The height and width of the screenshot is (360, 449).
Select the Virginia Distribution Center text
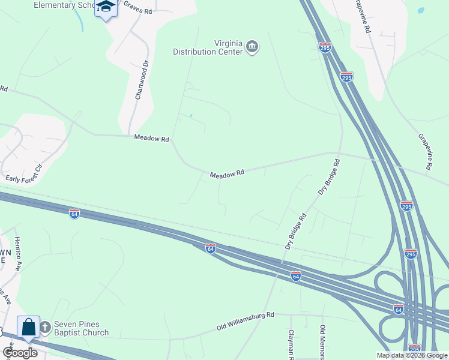click(x=207, y=47)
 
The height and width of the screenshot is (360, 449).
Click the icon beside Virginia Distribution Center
click(x=253, y=47)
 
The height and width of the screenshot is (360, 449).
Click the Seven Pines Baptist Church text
click(x=81, y=328)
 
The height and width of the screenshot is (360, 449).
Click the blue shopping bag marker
click(x=28, y=327)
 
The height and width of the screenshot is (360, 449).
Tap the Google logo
click(x=20, y=353)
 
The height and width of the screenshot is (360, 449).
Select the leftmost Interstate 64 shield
click(x=74, y=214)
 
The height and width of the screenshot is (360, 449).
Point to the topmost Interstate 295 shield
click(x=325, y=47)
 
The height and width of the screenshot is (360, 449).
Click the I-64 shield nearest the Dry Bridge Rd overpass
click(x=295, y=275)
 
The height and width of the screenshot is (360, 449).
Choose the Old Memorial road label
click(x=322, y=343)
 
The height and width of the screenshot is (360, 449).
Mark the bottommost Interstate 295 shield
click(x=414, y=349)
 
